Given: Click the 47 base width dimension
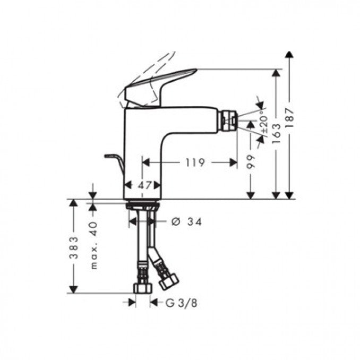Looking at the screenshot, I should tap(142, 185).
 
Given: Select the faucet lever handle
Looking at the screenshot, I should tap(159, 85).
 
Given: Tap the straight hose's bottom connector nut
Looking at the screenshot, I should tap(142, 288).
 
